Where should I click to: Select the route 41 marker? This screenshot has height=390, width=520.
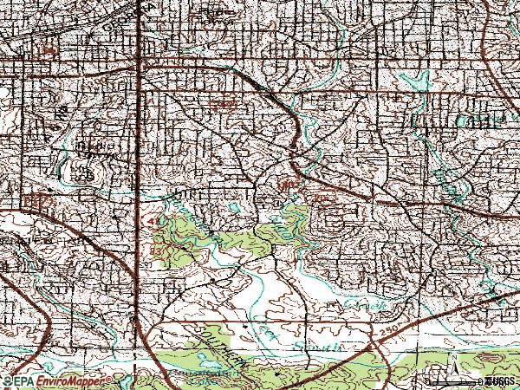155,224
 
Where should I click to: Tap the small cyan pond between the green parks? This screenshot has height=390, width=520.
237,207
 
